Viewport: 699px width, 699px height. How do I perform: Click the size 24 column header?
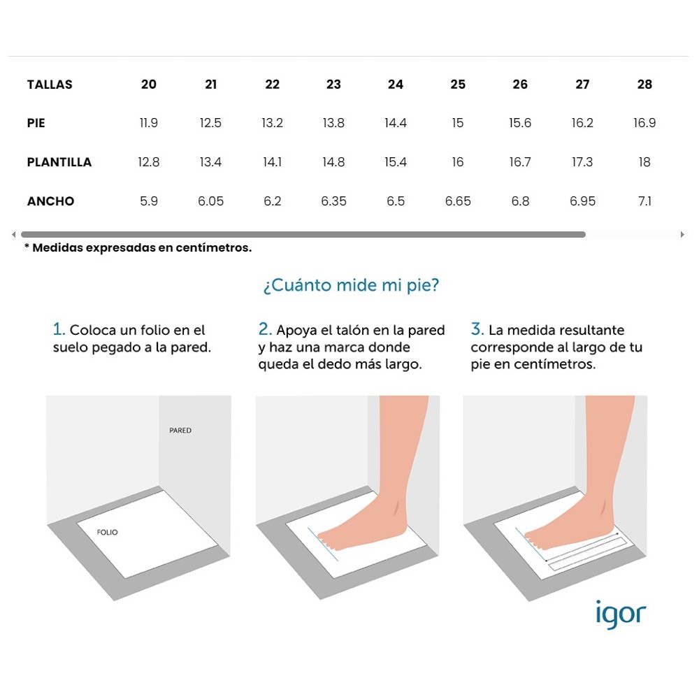[396, 85]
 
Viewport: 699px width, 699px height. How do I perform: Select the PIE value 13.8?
[333, 122]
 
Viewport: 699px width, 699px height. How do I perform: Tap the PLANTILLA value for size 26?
[520, 162]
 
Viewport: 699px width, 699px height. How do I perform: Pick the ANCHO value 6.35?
[333, 201]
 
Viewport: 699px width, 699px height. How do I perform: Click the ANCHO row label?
[50, 201]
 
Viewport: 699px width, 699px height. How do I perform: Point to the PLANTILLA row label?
[59, 162]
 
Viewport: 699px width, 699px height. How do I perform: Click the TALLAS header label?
[50, 85]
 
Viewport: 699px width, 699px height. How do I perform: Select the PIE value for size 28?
[644, 122]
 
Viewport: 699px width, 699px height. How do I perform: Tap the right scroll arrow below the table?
[682, 234]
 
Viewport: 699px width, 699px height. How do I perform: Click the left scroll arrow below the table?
[14, 234]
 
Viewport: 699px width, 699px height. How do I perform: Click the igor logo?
[621, 614]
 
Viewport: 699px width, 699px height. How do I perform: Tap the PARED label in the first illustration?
[180, 430]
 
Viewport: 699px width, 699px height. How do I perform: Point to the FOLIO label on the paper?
[108, 532]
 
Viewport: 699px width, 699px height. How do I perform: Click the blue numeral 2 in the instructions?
[264, 329]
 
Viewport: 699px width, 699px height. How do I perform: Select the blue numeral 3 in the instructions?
[477, 329]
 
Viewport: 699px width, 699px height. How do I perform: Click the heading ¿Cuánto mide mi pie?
[351, 285]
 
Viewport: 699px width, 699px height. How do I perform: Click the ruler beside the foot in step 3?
[589, 554]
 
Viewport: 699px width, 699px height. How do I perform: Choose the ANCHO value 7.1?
[644, 201]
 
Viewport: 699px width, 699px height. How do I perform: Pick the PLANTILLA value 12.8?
[148, 162]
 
